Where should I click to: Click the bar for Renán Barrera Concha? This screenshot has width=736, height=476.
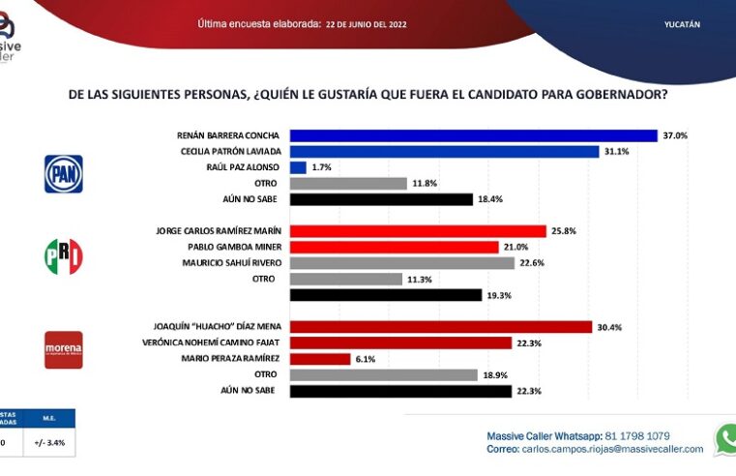coord(473,136)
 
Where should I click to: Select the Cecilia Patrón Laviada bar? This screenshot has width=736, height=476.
coord(444,152)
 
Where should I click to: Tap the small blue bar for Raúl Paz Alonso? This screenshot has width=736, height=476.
coord(298,167)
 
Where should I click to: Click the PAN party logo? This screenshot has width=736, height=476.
coord(64,174)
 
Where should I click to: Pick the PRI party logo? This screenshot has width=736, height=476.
coord(64,256)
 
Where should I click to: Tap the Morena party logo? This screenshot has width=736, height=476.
coord(64,349)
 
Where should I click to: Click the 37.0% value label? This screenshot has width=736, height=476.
coord(675,136)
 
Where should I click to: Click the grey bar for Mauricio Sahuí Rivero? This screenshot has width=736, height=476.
coord(402,262)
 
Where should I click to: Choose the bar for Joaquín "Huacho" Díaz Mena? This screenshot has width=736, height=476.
coord(440,327)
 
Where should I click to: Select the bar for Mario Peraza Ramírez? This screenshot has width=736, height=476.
coord(320,359)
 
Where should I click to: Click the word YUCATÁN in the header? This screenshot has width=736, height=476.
coord(683,23)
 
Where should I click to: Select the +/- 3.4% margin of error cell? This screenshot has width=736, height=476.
coord(51,444)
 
